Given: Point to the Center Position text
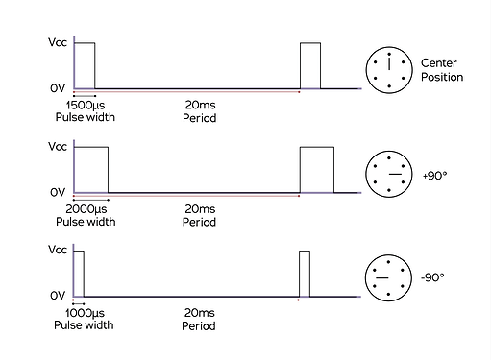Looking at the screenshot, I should click(x=441, y=69).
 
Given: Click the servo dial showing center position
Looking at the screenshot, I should click(x=390, y=70).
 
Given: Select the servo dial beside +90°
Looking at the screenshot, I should click(x=390, y=174).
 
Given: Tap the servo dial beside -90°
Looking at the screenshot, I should click(x=390, y=277).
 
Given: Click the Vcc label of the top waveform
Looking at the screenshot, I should click(x=57, y=43).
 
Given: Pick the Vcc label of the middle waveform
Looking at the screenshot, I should click(x=57, y=147).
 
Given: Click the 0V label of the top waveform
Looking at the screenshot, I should click(x=58, y=89).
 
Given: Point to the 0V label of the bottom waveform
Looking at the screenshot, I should click(x=58, y=297).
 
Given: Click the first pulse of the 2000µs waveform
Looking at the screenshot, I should click(x=91, y=169).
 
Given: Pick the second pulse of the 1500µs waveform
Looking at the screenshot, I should click(x=309, y=66).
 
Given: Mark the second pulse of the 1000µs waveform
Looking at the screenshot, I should click(x=306, y=274).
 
